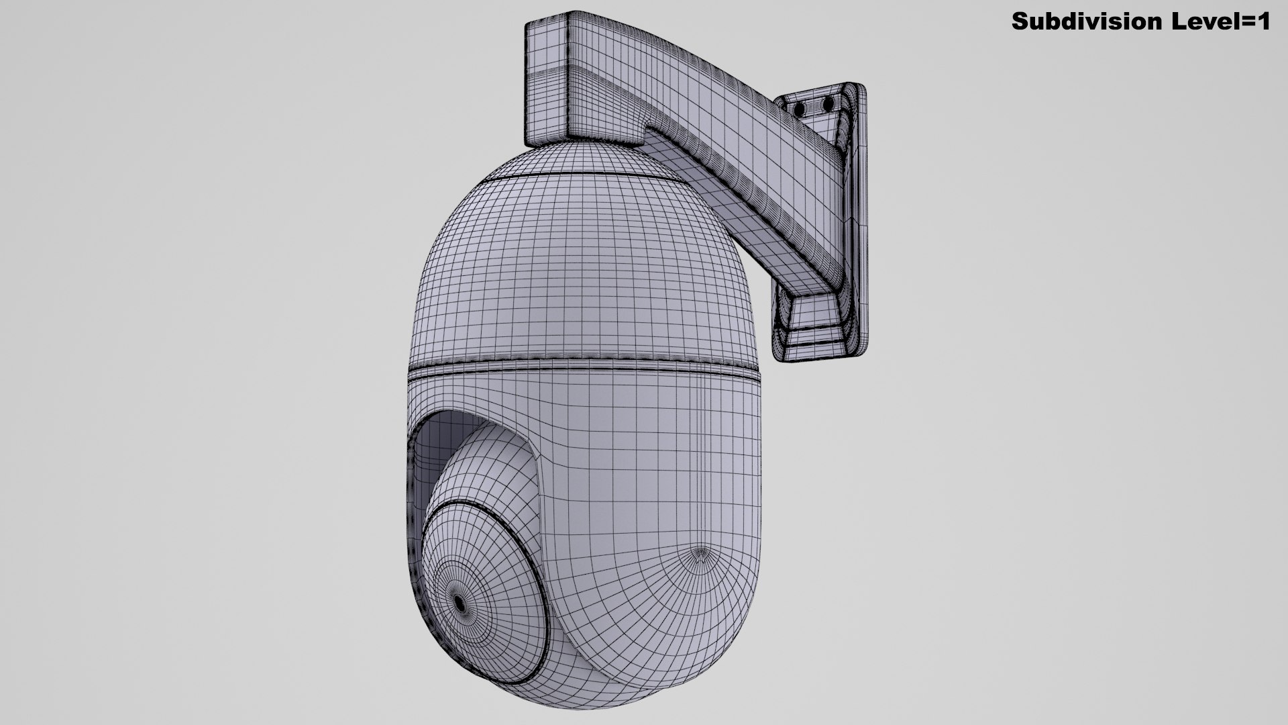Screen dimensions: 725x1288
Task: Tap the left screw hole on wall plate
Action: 800,108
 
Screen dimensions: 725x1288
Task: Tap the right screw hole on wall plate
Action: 828,104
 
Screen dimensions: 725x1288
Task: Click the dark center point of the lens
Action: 461,603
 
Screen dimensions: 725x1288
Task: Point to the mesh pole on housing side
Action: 700,554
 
